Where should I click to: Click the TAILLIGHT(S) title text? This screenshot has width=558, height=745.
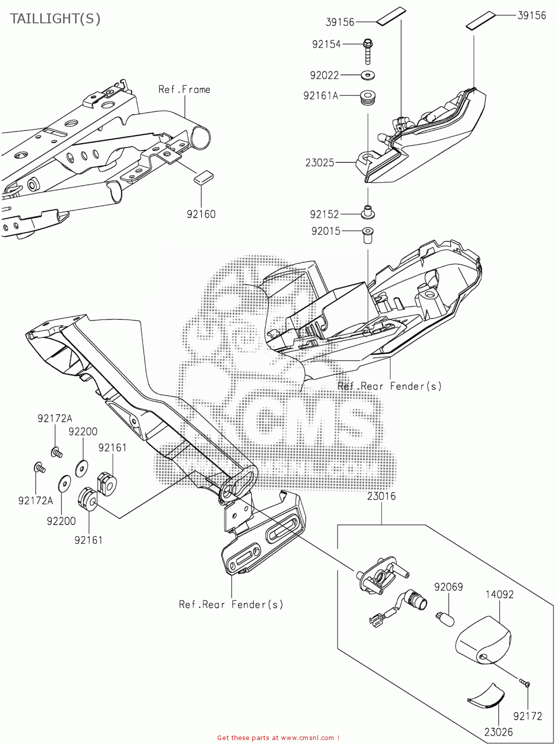55,19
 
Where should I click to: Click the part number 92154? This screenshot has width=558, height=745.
326,44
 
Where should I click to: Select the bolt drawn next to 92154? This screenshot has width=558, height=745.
368,51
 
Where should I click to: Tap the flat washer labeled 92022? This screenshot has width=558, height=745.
368,75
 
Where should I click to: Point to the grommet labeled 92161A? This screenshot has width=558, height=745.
368,96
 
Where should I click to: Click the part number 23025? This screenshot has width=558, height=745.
320,162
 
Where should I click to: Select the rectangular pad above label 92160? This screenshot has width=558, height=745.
203,177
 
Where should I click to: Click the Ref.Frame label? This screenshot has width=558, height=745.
184,89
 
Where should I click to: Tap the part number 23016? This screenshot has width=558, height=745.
382,496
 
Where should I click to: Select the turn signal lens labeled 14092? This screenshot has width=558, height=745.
483,640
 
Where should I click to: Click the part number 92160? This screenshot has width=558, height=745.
201,214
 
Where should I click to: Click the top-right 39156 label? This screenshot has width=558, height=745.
532,15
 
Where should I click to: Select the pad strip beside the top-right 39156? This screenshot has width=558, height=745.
480,20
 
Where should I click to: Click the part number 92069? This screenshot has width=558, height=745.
448,587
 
